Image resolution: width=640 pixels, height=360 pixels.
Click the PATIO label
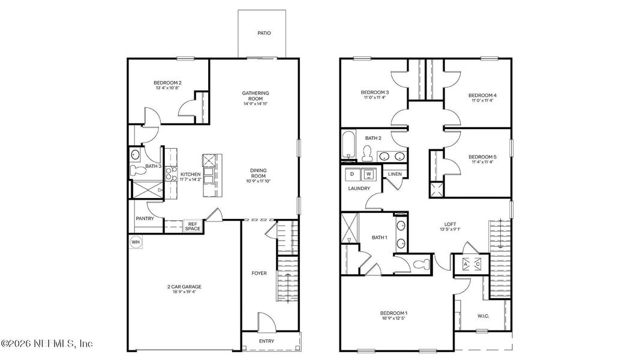[264, 33]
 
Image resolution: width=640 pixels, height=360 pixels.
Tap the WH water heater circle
[136, 242]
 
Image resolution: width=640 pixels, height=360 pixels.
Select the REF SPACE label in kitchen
[192, 226]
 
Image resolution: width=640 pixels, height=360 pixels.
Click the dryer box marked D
[352, 175]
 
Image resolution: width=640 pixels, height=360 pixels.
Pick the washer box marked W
[369, 175]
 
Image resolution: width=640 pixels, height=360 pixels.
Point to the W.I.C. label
[483, 316]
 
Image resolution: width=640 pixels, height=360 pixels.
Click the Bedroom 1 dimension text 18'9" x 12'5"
[394, 319]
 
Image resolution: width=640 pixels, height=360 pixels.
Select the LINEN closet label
[394, 174]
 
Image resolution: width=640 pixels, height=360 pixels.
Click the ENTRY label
[267, 341]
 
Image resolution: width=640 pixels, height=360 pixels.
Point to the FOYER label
[259, 273]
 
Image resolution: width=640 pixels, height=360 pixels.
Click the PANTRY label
[145, 218]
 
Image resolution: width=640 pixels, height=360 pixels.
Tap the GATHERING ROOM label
[256, 96]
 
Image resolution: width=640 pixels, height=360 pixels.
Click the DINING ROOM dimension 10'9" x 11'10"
[259, 181]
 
